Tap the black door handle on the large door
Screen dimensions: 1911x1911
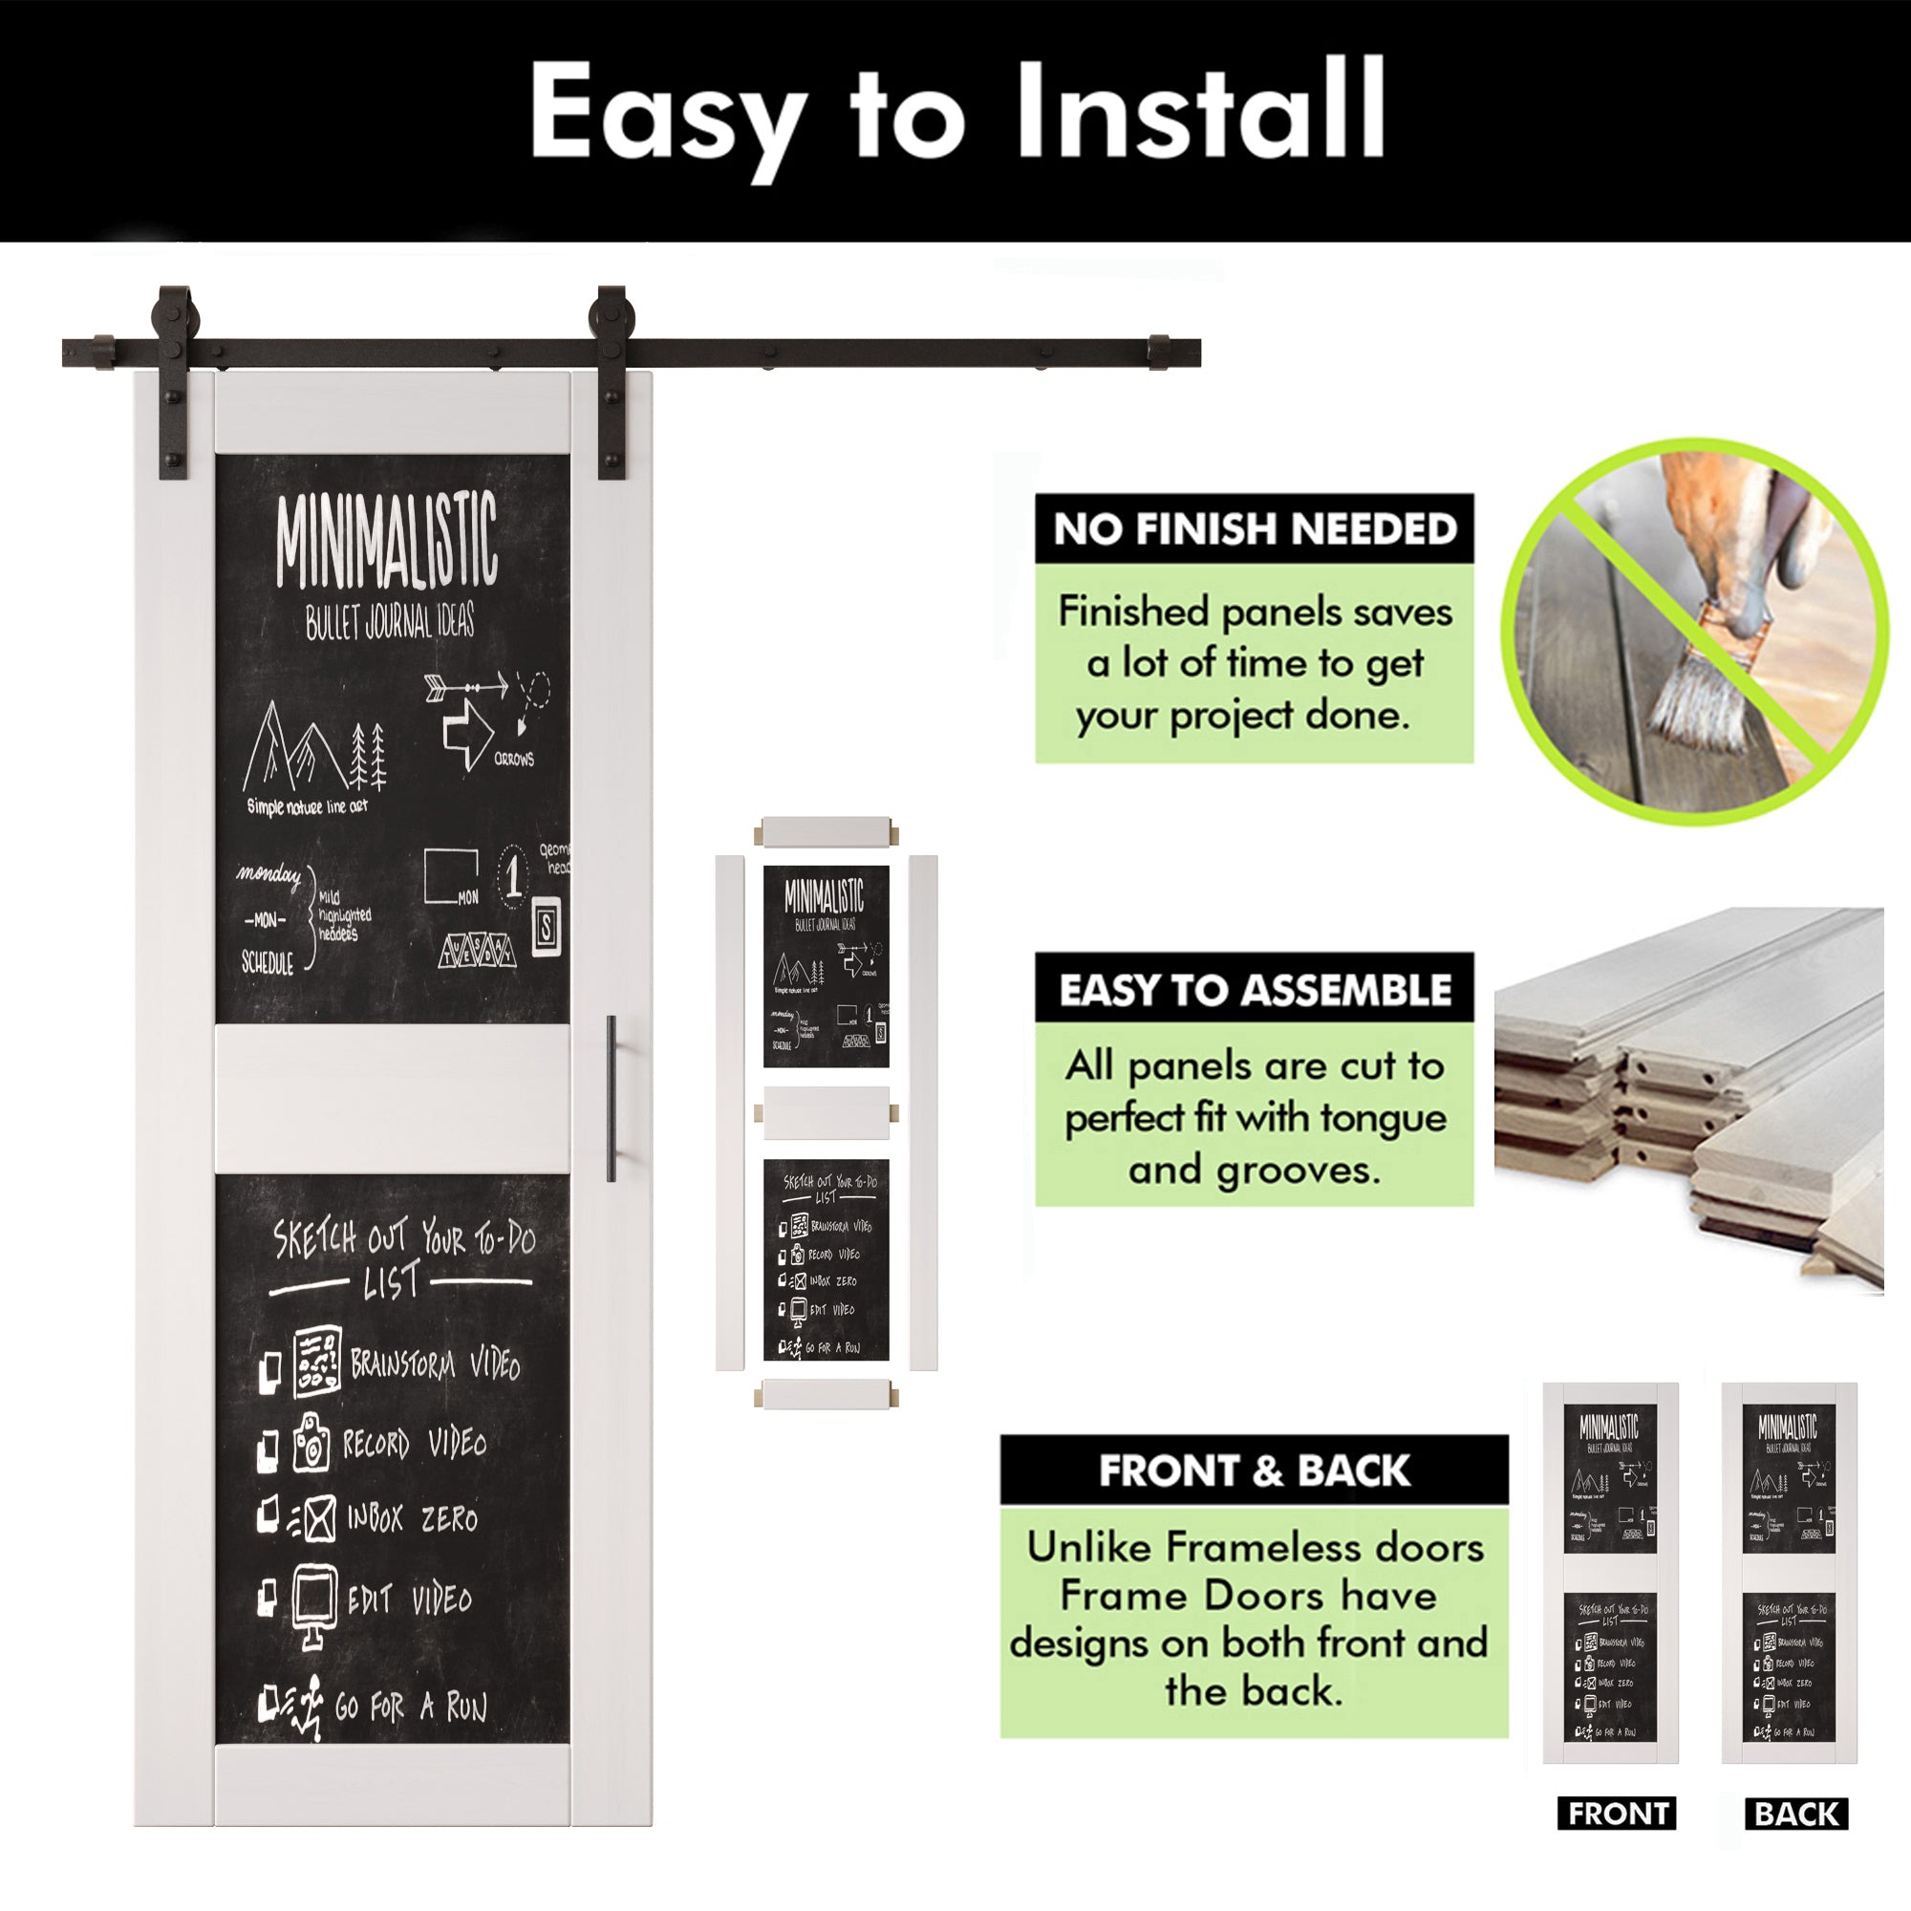612,1097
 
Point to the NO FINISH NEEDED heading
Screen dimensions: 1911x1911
1255,529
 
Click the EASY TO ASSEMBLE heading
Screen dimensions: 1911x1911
1255,989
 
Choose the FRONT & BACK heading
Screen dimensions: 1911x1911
1255,1470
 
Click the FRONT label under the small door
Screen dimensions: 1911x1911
1618,1814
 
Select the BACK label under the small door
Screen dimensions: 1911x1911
1796,1814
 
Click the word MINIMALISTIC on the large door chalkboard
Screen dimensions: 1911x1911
386,542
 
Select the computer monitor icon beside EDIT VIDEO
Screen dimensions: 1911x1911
314,1601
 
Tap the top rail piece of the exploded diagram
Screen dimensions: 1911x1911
826,830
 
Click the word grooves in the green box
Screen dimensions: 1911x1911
1298,1170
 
